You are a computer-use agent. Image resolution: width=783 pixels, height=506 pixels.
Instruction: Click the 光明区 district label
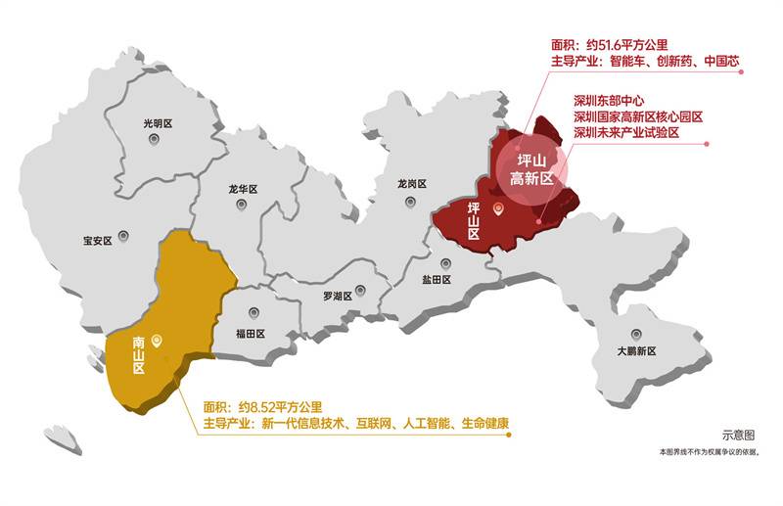(157, 123)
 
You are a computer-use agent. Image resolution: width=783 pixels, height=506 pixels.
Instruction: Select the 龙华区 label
(242, 189)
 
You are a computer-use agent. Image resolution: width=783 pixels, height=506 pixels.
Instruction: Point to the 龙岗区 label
(412, 183)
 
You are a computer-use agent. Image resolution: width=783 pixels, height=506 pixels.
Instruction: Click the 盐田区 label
(436, 279)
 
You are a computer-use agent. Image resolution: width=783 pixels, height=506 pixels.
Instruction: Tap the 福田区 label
(251, 333)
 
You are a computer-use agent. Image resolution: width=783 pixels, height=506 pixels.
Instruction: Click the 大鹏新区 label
(636, 350)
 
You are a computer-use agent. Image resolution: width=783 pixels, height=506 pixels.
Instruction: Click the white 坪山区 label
(474, 221)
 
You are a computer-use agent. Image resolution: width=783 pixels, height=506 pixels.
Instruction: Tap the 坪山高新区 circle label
(532, 169)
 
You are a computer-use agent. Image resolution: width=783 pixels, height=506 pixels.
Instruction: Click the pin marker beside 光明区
(154, 140)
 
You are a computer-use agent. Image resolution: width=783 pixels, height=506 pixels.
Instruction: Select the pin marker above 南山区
(158, 340)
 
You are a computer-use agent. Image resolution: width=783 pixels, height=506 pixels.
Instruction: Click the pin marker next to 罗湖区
(360, 290)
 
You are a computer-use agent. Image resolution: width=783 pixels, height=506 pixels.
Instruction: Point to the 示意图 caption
(739, 436)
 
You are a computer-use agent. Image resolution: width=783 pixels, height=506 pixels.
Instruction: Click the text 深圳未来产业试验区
(639, 132)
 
